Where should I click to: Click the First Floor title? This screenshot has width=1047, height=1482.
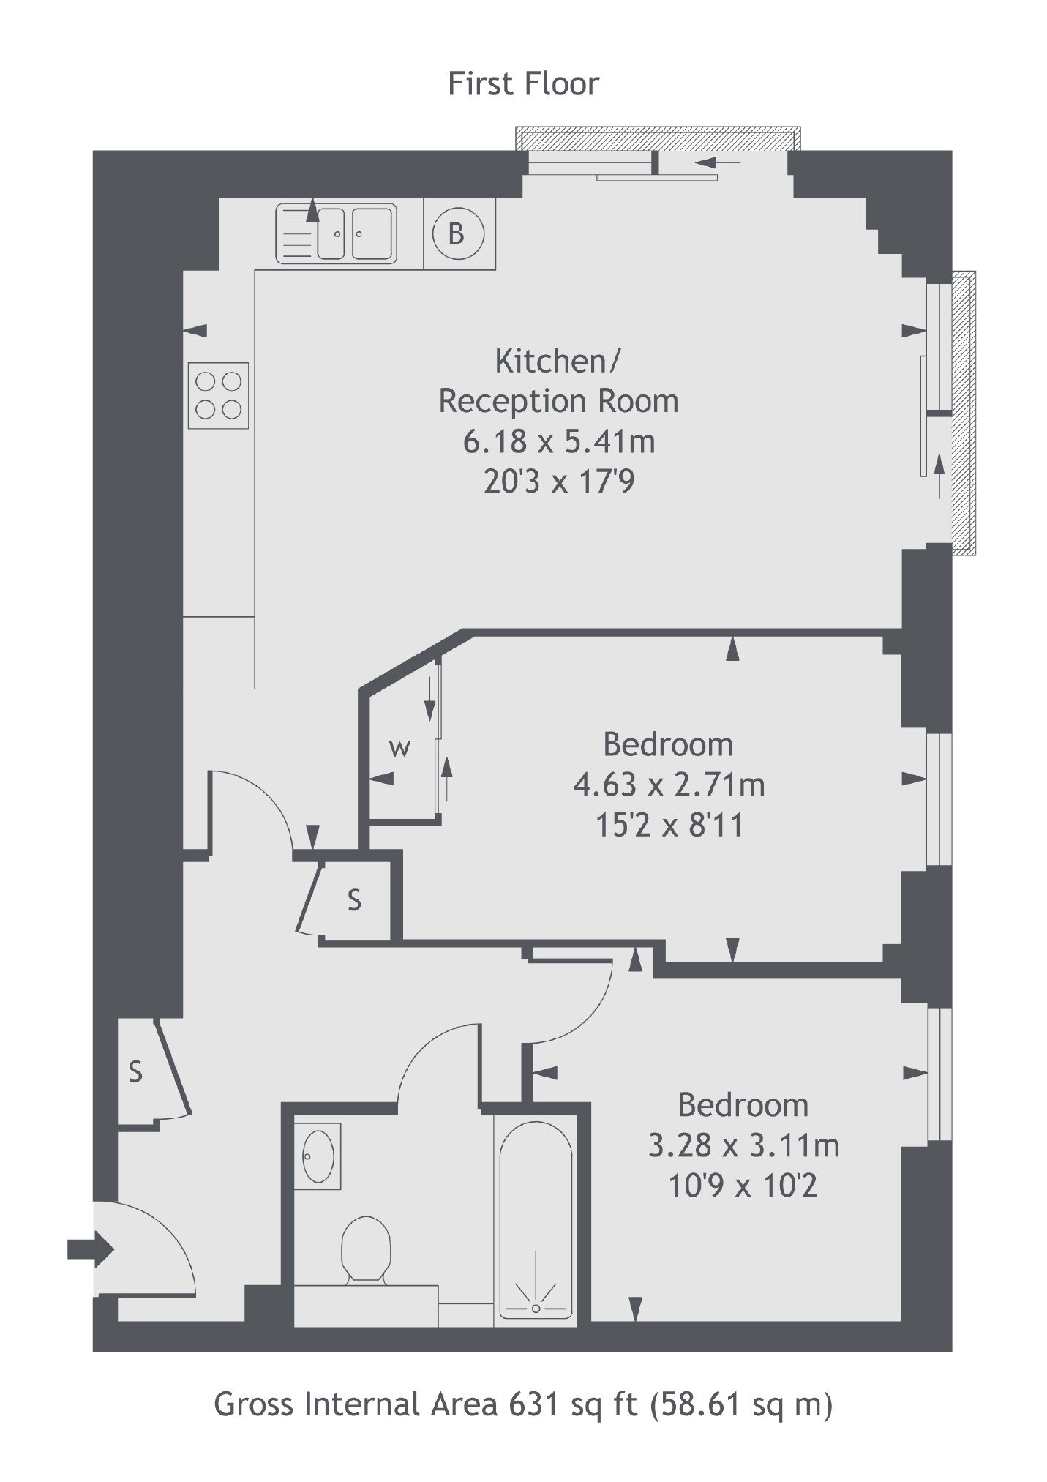pyautogui.click(x=523, y=84)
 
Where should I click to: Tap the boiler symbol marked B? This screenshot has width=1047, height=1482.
pyautogui.click(x=457, y=233)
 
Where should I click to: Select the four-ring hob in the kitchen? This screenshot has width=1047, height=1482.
pyautogui.click(x=218, y=395)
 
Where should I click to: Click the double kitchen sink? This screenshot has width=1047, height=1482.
pyautogui.click(x=336, y=233)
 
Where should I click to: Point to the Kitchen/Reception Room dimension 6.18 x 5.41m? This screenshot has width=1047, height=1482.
pyautogui.click(x=559, y=441)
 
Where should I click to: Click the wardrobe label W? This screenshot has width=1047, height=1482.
pyautogui.click(x=399, y=748)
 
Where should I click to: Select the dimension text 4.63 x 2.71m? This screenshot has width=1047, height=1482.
pyautogui.click(x=669, y=785)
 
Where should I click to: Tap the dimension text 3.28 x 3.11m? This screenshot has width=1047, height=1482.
pyautogui.click(x=743, y=1145)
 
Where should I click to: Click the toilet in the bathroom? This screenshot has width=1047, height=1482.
pyautogui.click(x=366, y=1250)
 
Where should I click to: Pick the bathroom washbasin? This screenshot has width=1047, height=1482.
pyautogui.click(x=318, y=1156)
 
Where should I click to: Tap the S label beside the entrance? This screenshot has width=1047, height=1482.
pyautogui.click(x=135, y=1072)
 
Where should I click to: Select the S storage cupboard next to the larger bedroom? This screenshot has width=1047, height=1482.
pyautogui.click(x=355, y=899)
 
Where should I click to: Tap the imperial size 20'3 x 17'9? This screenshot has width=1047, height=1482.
pyautogui.click(x=559, y=482)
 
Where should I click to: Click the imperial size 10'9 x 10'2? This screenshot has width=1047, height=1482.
pyautogui.click(x=743, y=1186)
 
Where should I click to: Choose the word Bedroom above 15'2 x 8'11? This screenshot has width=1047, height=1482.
pyautogui.click(x=668, y=744)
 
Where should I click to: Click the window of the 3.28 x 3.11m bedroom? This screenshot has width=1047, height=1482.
pyautogui.click(x=939, y=1074)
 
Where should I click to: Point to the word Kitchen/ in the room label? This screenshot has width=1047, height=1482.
pyautogui.click(x=558, y=361)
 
